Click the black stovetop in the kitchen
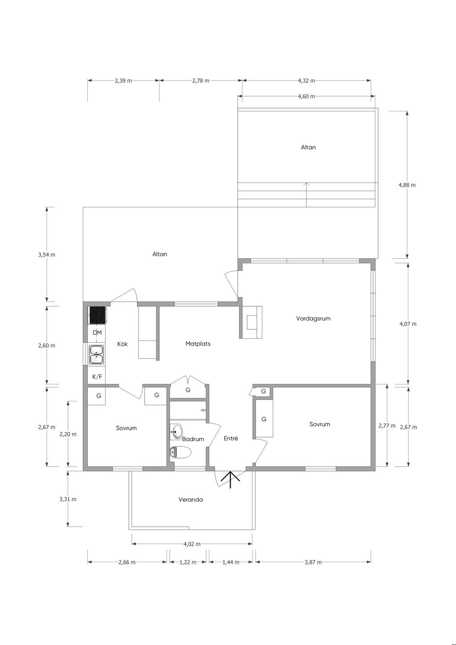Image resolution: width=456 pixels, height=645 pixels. coord(98,315)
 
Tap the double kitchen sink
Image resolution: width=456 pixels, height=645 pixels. coord(97,354)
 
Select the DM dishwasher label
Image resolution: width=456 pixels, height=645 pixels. coord(97,333)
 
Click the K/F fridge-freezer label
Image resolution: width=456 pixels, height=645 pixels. coord(97,377)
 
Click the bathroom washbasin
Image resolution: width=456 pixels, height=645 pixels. coord(176,432)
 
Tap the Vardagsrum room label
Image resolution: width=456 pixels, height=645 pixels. coord(313,318)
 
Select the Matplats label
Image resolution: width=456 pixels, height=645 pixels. coord(198,344)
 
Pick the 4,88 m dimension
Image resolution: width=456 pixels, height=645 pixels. coord(407,185)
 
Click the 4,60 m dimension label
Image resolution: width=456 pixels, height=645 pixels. coord(306,96)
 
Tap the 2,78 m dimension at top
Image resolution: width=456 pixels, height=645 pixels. coord(201,81)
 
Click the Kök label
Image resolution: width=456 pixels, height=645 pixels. coord(122,344)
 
